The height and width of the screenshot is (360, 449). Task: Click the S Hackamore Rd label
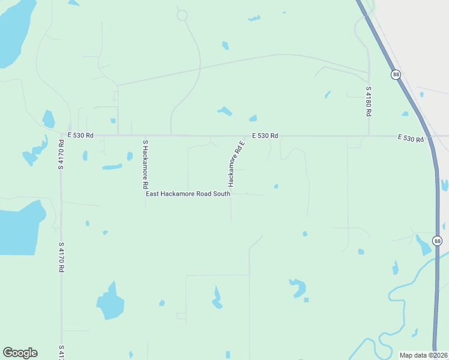click(145, 165)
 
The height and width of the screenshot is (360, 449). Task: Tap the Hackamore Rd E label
click(236, 163)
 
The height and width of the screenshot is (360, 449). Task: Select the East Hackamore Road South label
click(188, 194)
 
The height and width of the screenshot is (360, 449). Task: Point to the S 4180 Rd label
click(369, 101)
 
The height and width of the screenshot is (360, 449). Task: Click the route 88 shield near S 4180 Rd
click(396, 74)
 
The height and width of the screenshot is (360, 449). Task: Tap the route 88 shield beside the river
click(437, 241)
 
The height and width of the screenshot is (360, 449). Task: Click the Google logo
click(20, 353)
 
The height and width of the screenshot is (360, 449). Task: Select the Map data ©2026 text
click(423, 355)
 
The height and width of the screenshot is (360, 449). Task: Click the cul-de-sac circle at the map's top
click(182, 15)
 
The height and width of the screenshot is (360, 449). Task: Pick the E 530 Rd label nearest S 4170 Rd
click(80, 136)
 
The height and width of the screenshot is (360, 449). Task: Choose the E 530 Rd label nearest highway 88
click(411, 139)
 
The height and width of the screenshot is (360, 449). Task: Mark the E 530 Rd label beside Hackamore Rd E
click(265, 136)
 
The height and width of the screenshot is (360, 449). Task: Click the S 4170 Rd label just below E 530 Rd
click(61, 155)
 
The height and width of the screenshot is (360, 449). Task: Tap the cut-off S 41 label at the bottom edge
click(61, 352)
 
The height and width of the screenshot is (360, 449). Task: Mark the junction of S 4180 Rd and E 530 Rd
click(369, 136)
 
